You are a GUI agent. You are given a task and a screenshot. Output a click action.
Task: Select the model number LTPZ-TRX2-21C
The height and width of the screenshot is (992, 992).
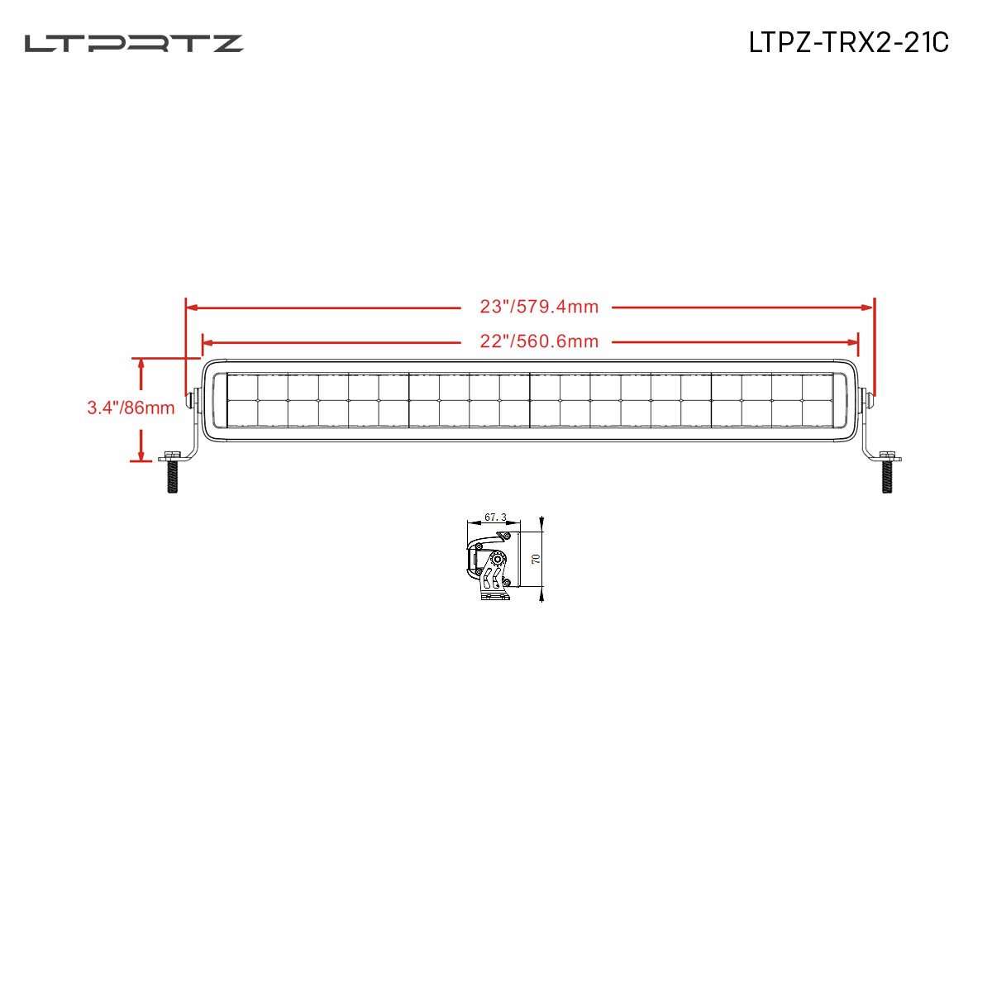(x=848, y=43)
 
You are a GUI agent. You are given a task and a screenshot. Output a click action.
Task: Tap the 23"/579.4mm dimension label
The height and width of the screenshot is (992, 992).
(x=539, y=308)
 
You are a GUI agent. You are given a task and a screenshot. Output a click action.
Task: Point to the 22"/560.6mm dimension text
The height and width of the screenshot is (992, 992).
(x=539, y=341)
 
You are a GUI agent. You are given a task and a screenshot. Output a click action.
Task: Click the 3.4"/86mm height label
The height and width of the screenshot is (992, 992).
(x=131, y=408)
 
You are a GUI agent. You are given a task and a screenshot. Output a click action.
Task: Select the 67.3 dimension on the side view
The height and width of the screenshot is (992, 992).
(x=495, y=517)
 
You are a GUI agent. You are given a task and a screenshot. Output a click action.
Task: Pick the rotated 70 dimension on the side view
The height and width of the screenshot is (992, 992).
(x=535, y=559)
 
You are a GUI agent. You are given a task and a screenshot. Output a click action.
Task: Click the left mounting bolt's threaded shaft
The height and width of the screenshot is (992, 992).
(x=173, y=478)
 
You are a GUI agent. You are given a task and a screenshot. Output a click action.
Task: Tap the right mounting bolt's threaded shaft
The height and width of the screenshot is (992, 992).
(x=888, y=478)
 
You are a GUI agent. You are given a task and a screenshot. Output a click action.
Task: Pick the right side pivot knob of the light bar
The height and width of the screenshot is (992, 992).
(x=868, y=400)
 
